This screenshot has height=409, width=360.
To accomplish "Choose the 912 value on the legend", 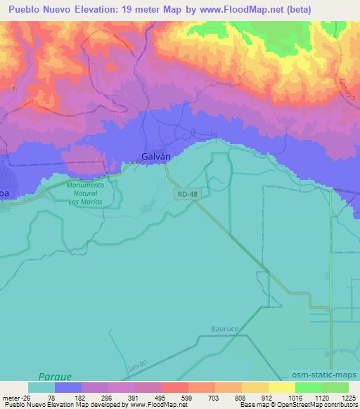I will [261, 397].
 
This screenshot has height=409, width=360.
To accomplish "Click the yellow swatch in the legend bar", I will [281, 387].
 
